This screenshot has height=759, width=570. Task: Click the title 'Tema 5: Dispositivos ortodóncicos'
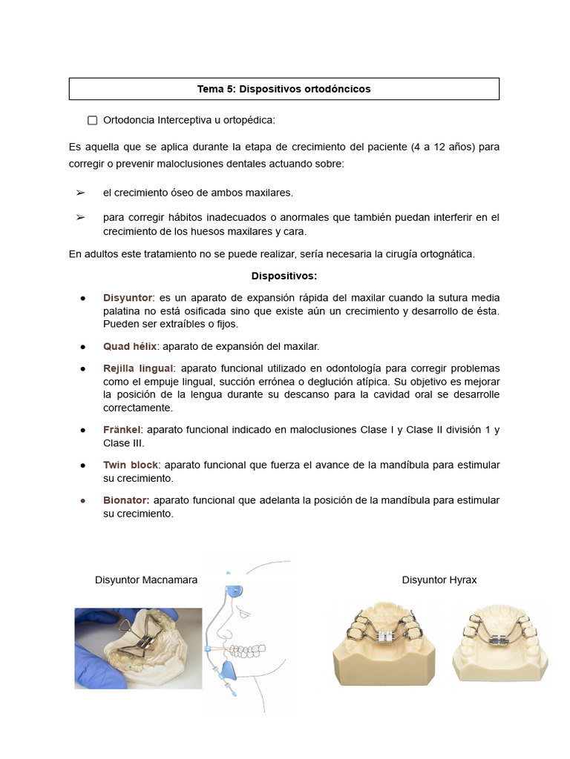pos(284,89)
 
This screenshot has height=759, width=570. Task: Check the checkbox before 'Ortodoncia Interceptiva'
pos(93,120)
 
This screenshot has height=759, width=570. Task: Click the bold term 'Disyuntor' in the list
pos(127,297)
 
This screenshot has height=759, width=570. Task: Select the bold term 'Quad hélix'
pos(130,346)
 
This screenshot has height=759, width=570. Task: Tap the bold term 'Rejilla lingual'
pos(138,368)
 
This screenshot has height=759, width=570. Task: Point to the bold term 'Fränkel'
pos(122,430)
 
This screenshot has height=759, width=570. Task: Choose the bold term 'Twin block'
pos(131,465)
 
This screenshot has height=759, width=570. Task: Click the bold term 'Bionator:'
pos(126,500)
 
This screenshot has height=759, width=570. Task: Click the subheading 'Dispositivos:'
pos(284,276)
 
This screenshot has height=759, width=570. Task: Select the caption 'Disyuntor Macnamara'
pos(146,580)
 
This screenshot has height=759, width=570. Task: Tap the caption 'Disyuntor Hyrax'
pos(439,580)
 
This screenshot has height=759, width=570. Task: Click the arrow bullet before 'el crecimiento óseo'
pos(80,193)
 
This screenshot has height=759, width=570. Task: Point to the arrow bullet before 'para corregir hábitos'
pos(80,218)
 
